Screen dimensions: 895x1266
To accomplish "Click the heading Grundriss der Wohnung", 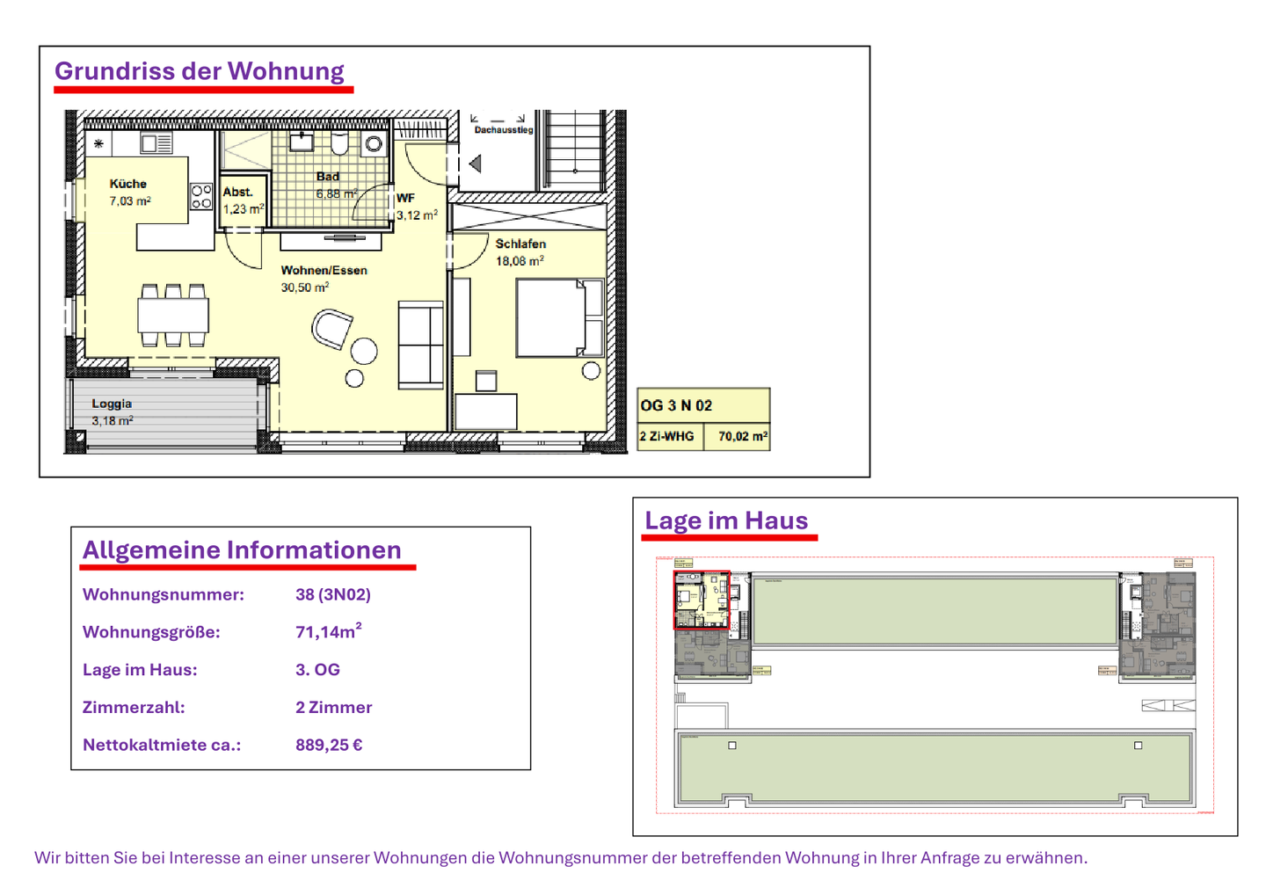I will (200, 71).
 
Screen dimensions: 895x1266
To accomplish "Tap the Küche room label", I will (128, 184).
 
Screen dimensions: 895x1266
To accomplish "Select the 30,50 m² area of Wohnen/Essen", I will (305, 287).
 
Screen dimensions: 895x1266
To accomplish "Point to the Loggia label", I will (112, 404).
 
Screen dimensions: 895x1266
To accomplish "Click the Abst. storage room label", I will (237, 192).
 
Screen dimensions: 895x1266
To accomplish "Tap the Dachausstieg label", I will (504, 130).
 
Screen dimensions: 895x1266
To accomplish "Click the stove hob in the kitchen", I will (201, 196).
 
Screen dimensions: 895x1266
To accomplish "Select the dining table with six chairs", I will (173, 314).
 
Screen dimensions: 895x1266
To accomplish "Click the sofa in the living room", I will (421, 345).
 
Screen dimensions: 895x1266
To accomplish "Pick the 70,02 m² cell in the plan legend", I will (742, 436).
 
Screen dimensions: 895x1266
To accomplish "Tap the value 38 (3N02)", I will (333, 594).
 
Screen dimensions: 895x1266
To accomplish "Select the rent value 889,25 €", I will (329, 745).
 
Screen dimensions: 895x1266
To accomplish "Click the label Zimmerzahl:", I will (134, 707).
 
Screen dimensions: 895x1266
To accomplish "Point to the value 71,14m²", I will (328, 631).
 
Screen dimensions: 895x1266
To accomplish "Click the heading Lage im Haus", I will (726, 520).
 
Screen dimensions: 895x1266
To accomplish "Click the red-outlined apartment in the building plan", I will (702, 600).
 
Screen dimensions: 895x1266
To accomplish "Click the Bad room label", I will (328, 177).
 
